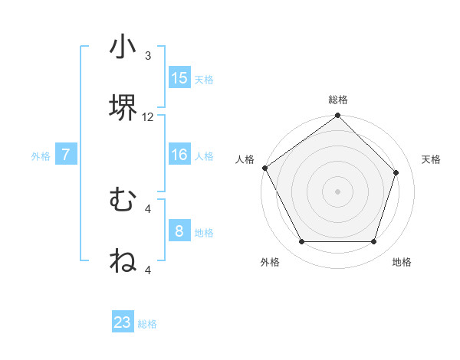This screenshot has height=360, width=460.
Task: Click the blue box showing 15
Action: coord(179,78)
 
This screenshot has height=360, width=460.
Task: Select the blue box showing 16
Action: coord(179,155)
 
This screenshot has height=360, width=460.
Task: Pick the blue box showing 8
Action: coord(179,231)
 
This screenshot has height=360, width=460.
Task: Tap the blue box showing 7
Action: coord(66,155)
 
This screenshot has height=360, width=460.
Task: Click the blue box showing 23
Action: coord(123,322)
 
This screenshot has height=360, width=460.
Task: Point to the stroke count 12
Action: coord(148,117)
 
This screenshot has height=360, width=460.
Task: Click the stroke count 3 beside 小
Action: coord(148,56)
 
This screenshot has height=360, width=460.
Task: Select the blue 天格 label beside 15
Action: coord(204,79)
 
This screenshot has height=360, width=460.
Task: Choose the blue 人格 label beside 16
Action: coord(204,155)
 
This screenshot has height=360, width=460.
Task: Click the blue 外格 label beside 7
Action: coord(41,155)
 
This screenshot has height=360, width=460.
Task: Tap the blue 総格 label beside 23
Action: coord(147,324)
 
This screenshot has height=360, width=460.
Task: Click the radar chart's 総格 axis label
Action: coord(338,100)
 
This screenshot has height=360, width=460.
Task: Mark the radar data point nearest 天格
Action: coord(396,172)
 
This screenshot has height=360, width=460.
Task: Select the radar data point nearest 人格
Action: coord(265,168)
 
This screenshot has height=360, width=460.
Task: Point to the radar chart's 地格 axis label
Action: coord(402,262)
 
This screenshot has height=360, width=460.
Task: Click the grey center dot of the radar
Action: coord(338,191)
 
